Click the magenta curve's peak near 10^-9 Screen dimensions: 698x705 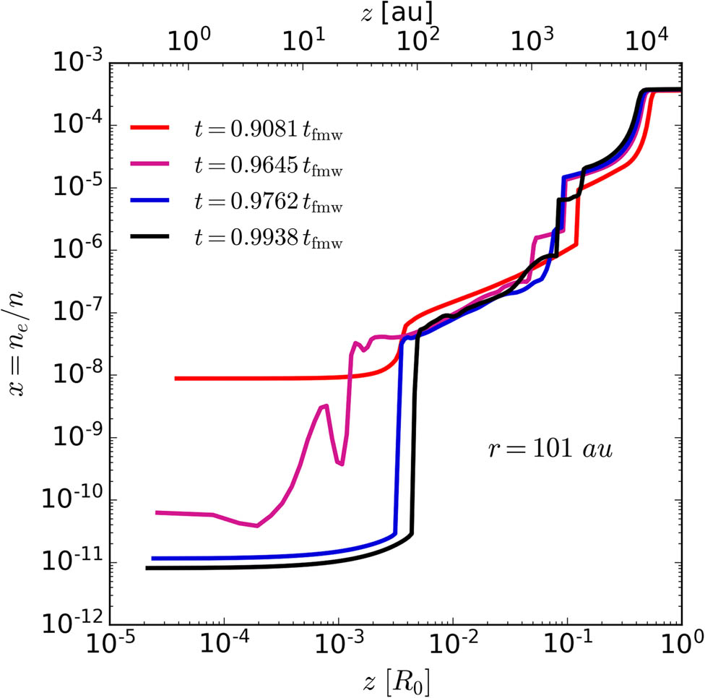click(325, 406)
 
